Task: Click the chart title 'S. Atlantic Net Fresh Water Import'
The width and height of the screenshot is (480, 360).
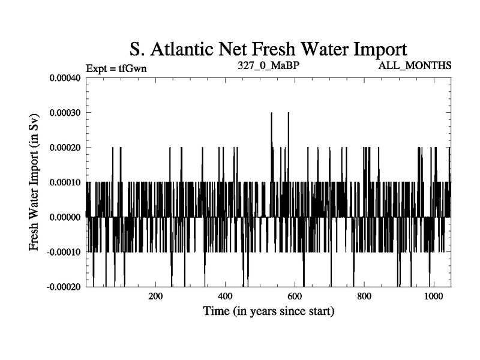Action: [x=268, y=49]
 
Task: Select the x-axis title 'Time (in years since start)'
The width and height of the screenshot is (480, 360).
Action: [x=268, y=311]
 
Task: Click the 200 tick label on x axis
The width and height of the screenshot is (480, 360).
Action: [x=155, y=296]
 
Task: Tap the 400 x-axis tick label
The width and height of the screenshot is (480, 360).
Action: [x=225, y=296]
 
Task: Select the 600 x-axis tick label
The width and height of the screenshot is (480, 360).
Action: [x=295, y=296]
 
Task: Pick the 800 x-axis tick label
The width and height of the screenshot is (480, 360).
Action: [x=364, y=296]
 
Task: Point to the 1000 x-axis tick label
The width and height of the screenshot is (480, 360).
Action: [x=433, y=296]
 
